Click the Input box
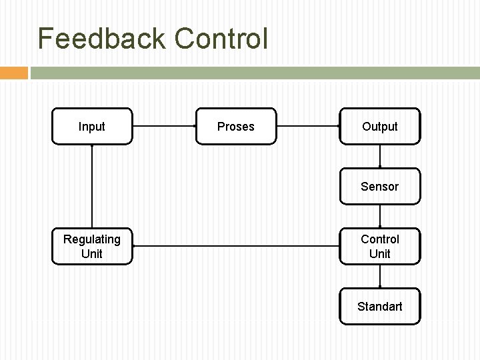pyautogui.click(x=92, y=126)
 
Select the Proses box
pyautogui.click(x=236, y=126)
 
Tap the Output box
pyautogui.click(x=380, y=126)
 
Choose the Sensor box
pyautogui.click(x=380, y=186)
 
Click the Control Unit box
pyautogui.click(x=380, y=246)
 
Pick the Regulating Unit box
pyautogui.click(x=92, y=246)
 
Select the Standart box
pyautogui.click(x=380, y=306)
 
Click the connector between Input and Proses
pyautogui.click(x=164, y=126)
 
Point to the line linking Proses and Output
pyautogui.click(x=308, y=126)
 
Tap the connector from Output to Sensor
pyautogui.click(x=380, y=156)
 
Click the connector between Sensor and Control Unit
pyautogui.click(x=380, y=216)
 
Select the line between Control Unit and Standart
pyautogui.click(x=380, y=276)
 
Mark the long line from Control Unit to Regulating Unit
pyautogui.click(x=236, y=246)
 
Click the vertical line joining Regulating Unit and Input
pyautogui.click(x=92, y=186)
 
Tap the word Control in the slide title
pyautogui.click(x=221, y=39)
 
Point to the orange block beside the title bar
pyautogui.click(x=13, y=73)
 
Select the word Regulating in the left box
pyautogui.click(x=92, y=239)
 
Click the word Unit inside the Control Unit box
pyautogui.click(x=380, y=253)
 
